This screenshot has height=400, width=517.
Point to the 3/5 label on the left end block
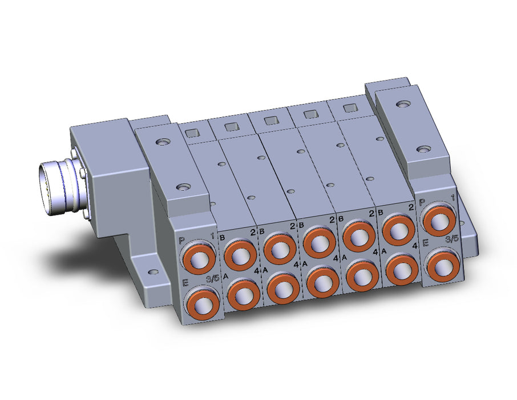coord(212,278)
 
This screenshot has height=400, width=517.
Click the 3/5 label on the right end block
coord(452,239)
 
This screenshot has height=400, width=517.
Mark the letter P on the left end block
coord(181,241)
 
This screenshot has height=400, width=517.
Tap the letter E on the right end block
coord(426,243)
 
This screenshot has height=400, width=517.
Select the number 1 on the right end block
coord(453,198)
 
